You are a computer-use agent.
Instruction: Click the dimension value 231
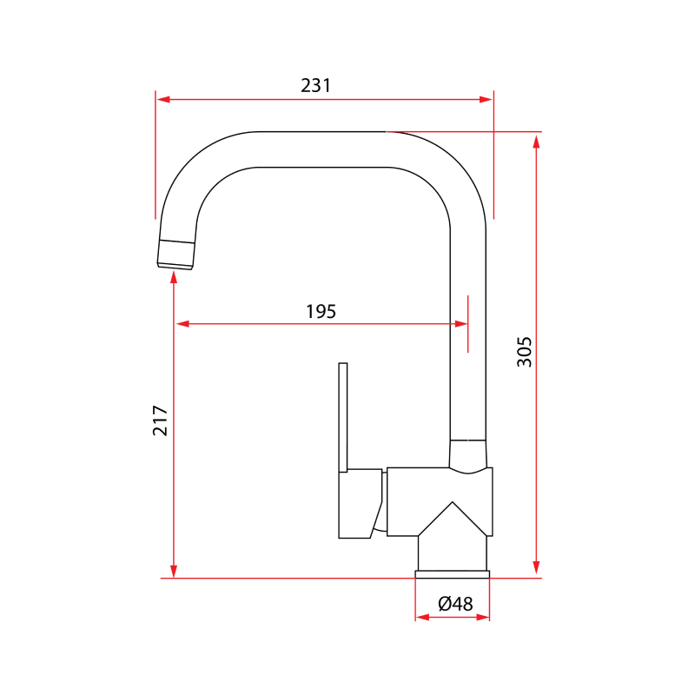[x=316, y=85]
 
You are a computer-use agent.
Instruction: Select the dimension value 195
[x=321, y=311]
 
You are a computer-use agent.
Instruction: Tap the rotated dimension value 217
[x=161, y=420]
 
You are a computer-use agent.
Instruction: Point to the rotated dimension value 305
[x=525, y=351]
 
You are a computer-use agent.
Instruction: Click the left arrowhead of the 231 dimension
[x=163, y=100]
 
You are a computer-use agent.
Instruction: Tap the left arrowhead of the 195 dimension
[x=182, y=324]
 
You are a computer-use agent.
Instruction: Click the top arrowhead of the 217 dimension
[x=175, y=277]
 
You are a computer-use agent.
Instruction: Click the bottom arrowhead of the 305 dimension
[x=536, y=571]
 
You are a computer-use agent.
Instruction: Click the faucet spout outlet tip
[x=175, y=254]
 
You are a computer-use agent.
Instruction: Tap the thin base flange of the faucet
[x=453, y=573]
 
